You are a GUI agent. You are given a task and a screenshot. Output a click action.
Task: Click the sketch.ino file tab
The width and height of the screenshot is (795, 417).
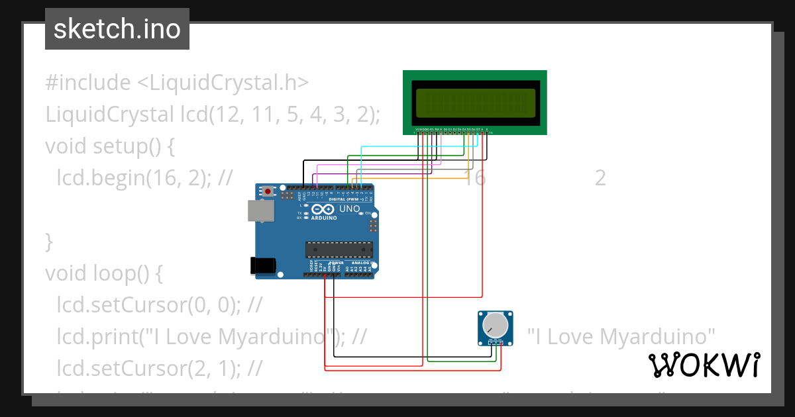(x=117, y=29)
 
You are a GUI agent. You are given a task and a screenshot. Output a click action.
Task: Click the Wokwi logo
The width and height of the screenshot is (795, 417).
(x=704, y=365)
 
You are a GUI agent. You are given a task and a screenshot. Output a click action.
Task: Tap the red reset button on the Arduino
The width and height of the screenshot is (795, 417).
(x=268, y=192)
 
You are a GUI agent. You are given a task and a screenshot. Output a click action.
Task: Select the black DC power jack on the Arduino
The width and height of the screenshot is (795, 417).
(x=262, y=265)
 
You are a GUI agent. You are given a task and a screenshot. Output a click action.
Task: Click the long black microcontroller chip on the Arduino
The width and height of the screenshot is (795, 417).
(x=339, y=249)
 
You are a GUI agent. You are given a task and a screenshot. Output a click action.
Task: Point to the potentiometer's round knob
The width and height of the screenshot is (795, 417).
(x=495, y=325)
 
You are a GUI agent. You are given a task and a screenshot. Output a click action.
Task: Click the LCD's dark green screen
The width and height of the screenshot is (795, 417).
(x=474, y=102)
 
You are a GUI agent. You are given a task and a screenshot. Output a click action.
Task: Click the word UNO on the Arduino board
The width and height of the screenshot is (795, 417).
(x=349, y=209)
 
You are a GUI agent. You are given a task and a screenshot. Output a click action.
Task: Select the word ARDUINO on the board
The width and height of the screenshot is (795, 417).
(x=324, y=217)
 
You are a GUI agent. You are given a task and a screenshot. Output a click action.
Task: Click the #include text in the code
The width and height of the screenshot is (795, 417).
(x=88, y=83)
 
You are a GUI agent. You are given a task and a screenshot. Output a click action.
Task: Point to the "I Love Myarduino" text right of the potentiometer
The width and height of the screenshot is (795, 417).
(x=622, y=336)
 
